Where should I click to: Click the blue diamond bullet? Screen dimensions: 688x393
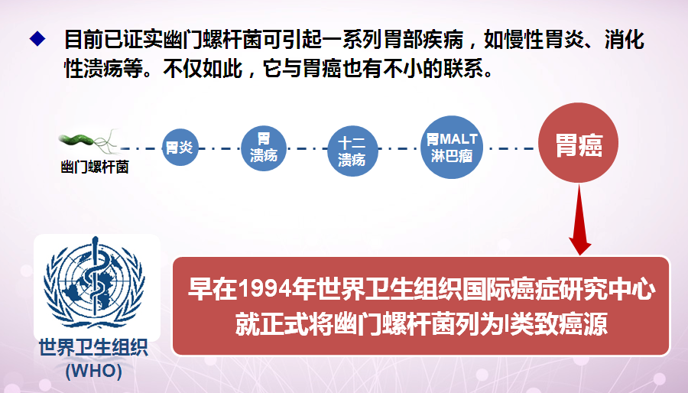(37, 38)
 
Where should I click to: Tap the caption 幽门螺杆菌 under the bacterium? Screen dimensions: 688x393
(94, 167)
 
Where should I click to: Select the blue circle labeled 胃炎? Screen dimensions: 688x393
(180, 147)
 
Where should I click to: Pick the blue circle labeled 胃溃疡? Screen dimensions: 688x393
(264, 148)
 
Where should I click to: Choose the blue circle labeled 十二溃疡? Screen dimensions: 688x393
(352, 151)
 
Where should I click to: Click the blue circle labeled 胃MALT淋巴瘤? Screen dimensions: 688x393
(452, 148)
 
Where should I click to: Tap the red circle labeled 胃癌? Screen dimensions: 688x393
(579, 143)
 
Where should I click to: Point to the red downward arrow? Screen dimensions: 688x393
(579, 219)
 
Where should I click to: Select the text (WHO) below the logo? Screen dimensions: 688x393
(93, 371)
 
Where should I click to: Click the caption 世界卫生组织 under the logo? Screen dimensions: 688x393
(93, 348)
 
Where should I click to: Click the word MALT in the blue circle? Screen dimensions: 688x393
(458, 139)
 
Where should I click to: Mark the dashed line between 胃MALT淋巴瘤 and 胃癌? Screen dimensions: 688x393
(511, 148)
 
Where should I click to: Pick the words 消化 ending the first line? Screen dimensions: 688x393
(625, 40)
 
